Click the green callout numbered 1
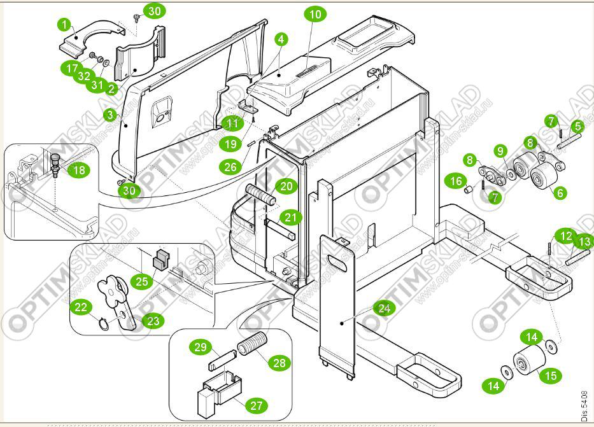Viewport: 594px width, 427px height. (x=64, y=25)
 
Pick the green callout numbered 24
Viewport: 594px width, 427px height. (x=383, y=309)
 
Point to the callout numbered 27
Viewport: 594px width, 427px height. (x=258, y=405)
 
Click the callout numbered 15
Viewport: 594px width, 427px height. (x=550, y=375)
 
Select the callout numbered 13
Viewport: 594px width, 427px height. (x=584, y=241)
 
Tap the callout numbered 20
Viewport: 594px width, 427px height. (x=286, y=186)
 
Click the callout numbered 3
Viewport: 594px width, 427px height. (x=111, y=115)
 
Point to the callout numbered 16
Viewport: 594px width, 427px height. (x=456, y=182)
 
